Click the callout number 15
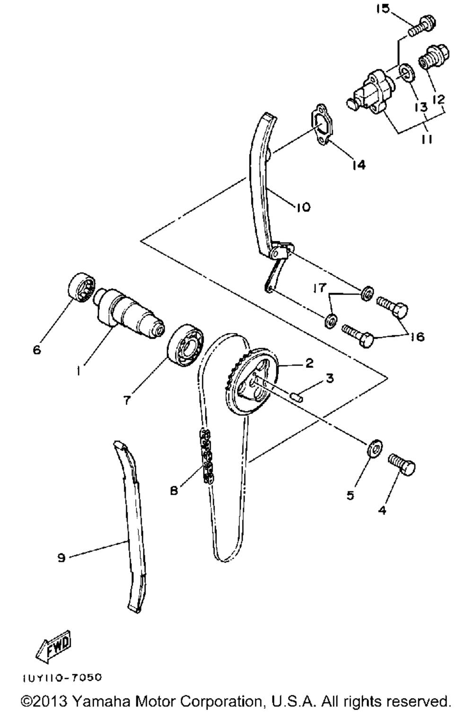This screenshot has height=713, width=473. [383, 9]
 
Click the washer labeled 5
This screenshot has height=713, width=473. [375, 448]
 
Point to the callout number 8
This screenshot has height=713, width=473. [174, 491]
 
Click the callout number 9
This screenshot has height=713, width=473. [61, 558]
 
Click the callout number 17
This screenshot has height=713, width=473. [320, 287]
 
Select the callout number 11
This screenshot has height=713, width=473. [427, 140]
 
